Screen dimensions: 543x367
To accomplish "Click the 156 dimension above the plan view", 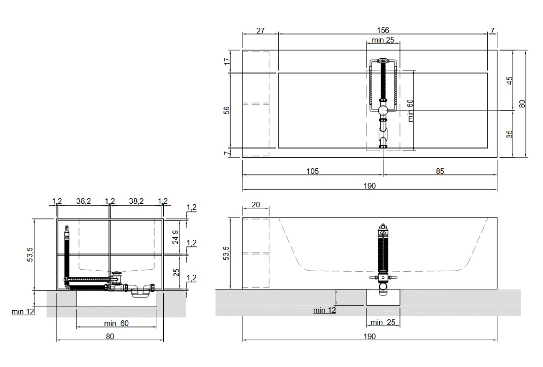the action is [383, 30].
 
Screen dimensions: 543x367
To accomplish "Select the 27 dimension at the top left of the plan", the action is [261, 31].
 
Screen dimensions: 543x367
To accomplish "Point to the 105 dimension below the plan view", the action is [312, 171].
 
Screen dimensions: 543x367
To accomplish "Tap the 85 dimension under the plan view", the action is [440, 171].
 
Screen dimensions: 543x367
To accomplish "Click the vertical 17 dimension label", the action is [227, 61].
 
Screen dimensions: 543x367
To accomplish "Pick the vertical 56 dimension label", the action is [226, 110].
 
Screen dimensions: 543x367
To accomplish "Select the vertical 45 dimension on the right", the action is [510, 80].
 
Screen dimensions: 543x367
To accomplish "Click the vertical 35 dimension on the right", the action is [510, 134].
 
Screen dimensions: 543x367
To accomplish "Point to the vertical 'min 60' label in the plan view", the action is [410, 111].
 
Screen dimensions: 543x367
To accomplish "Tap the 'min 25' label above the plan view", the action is [383, 40].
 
